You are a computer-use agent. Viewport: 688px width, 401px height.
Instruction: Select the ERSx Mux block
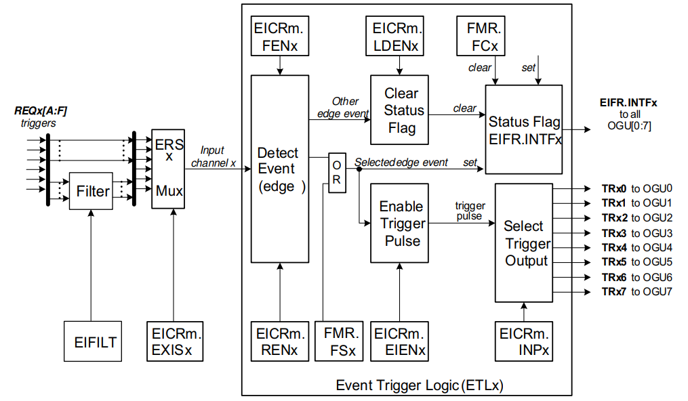(x=168, y=168)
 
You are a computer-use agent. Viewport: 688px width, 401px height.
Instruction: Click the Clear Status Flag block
(x=400, y=110)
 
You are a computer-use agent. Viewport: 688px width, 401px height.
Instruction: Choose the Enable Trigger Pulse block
(x=400, y=223)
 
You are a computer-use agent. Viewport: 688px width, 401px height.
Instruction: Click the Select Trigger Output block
(x=524, y=242)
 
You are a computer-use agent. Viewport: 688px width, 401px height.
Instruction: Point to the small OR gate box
(x=337, y=173)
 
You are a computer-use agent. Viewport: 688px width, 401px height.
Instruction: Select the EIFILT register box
(x=94, y=341)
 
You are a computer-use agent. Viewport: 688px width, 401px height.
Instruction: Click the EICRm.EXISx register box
(x=174, y=341)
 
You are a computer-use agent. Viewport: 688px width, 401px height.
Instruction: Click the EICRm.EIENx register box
(x=400, y=341)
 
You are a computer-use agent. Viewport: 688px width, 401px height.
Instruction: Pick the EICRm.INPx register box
(x=524, y=341)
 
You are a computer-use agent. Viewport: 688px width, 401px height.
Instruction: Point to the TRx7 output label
(x=615, y=292)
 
